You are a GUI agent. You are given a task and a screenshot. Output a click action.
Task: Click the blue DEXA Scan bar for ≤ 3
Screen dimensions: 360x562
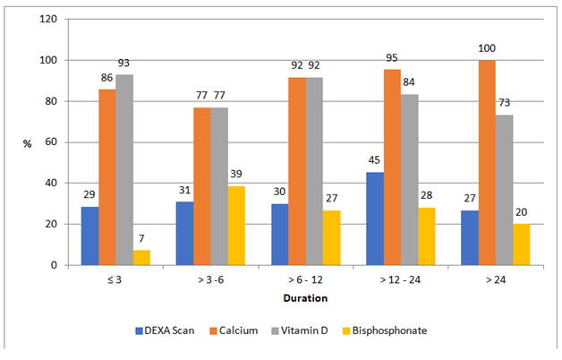[89, 236]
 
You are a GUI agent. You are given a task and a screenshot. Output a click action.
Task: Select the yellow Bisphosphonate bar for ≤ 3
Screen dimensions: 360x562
[141, 257]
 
